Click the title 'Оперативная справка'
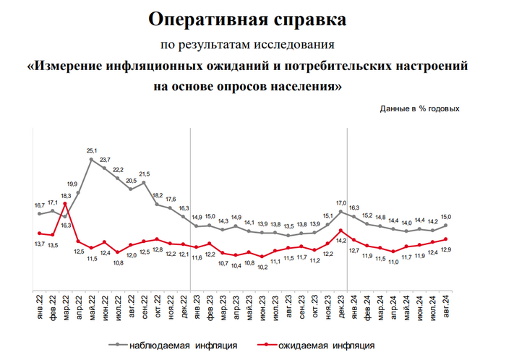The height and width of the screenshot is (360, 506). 252,17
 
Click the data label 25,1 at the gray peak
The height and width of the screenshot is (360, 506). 91,150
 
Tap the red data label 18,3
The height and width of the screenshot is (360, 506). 64,196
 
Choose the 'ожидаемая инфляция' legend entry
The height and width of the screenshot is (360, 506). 325,345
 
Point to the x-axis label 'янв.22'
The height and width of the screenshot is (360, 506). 39,304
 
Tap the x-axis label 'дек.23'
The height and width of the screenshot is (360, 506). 340,304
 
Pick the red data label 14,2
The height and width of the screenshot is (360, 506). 340,241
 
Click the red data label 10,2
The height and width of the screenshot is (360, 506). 262,267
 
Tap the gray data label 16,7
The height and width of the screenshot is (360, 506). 39,205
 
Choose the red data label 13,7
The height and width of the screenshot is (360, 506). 39,244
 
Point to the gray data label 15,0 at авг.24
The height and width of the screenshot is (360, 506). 447,216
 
